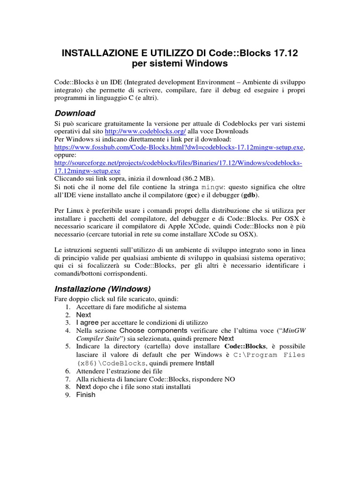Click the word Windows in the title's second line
click(201, 63)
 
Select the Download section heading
click(75, 113)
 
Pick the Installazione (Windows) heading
click(103, 288)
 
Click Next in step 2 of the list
click(83, 315)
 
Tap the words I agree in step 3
click(88, 323)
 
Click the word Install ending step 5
click(204, 363)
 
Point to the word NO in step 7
click(230, 379)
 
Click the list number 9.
click(67, 395)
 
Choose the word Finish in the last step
click(86, 395)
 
